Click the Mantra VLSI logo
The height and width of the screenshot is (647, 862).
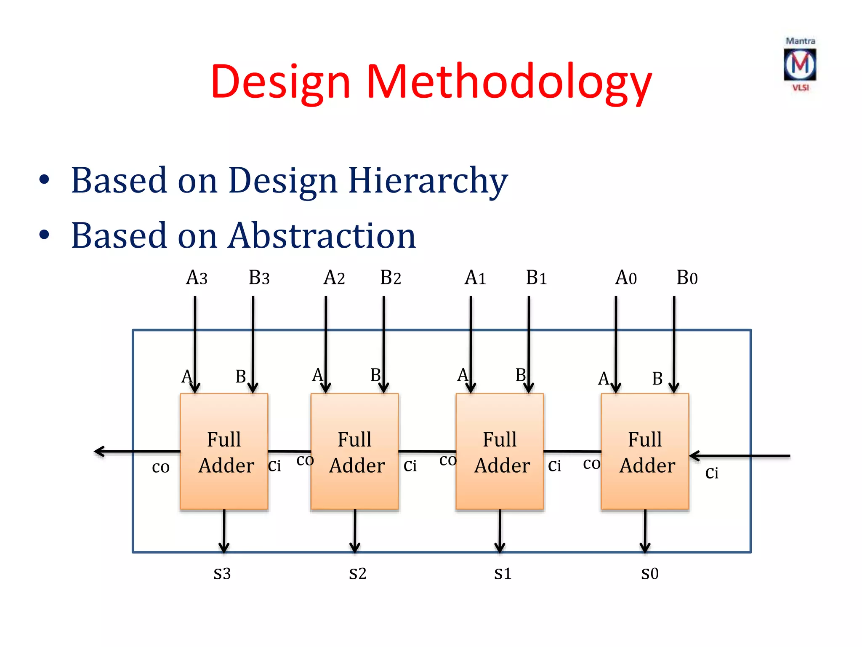click(800, 64)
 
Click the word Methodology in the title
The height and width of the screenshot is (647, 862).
click(509, 82)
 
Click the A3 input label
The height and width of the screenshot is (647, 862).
click(197, 278)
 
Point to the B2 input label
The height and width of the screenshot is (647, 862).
click(390, 278)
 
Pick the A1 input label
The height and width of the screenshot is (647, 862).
click(475, 278)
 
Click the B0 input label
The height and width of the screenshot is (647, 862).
click(687, 278)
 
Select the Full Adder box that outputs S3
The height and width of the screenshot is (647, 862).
click(224, 452)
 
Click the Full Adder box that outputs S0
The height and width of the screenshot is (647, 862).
click(645, 452)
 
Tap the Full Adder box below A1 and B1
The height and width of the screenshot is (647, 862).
click(500, 452)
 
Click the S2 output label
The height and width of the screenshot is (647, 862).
click(357, 574)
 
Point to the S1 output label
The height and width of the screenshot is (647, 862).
click(503, 574)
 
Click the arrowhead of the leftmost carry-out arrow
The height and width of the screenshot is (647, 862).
click(98, 452)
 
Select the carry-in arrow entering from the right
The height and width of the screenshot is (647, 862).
click(741, 456)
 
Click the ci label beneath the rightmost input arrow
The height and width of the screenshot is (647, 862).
click(712, 473)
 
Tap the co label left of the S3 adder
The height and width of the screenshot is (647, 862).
click(161, 467)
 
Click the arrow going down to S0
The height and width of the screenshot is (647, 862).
click(645, 531)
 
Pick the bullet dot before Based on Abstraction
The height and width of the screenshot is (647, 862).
click(44, 235)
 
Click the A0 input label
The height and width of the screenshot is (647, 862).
click(626, 278)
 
